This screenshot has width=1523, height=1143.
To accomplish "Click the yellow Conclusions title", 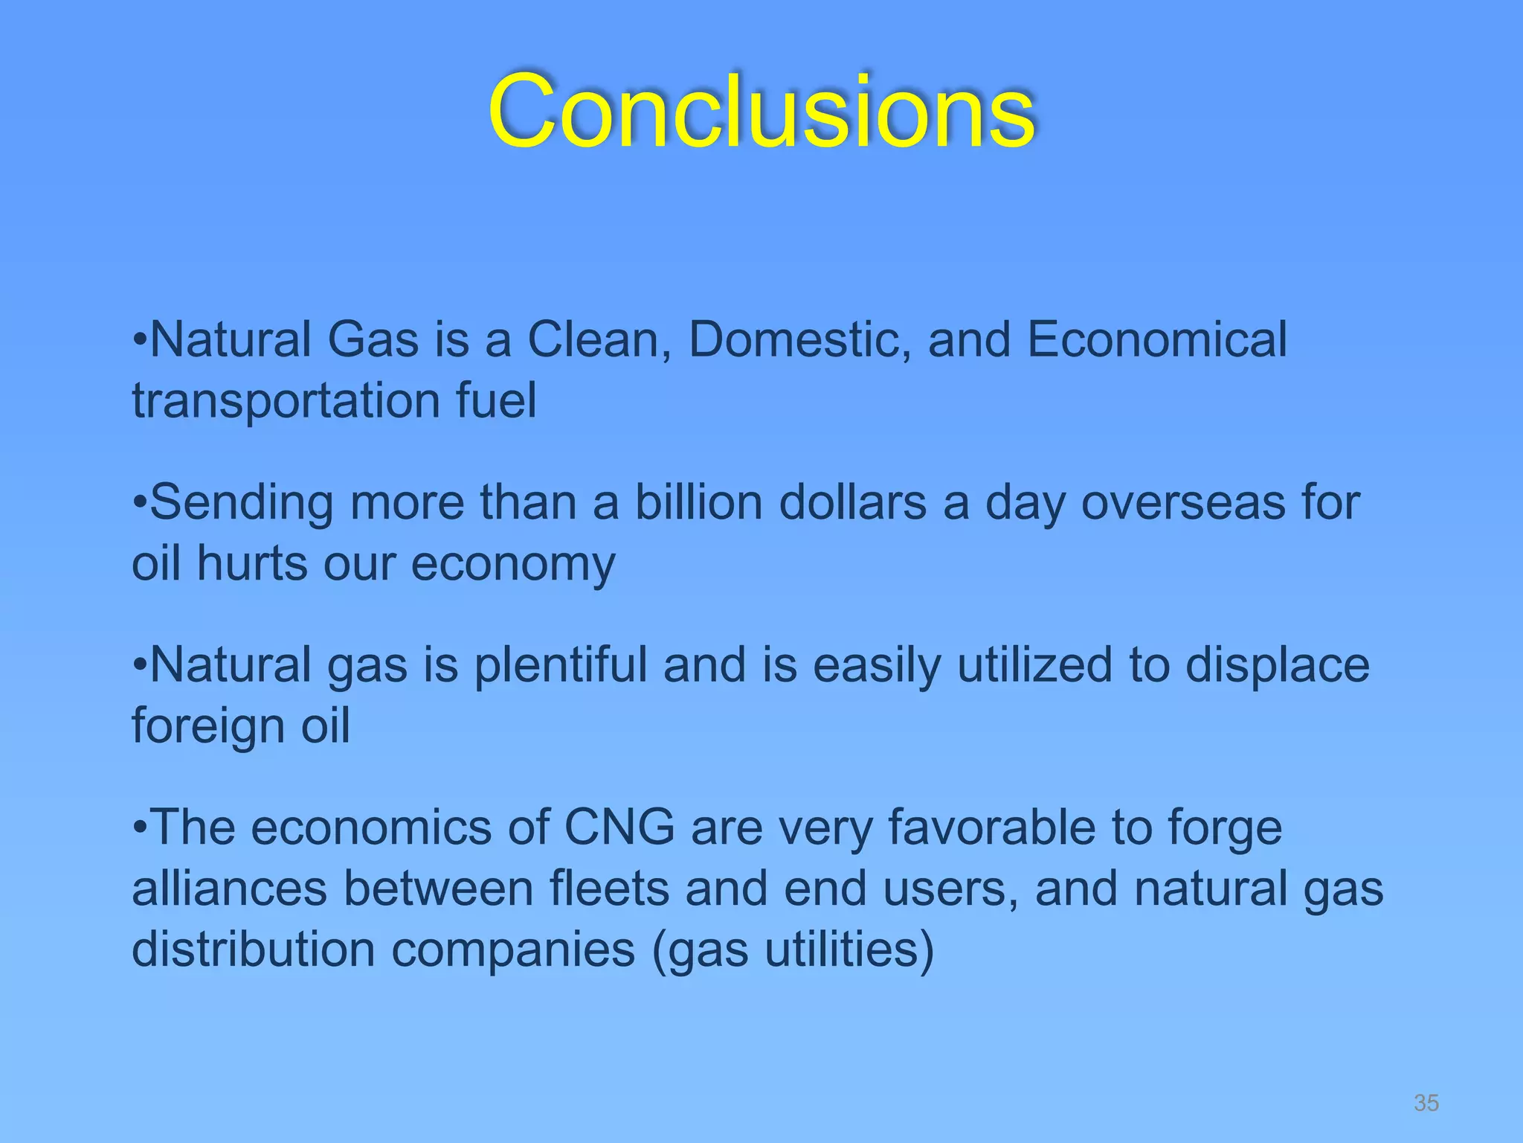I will (761, 112).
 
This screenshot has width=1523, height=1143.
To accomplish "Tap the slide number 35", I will (1426, 1103).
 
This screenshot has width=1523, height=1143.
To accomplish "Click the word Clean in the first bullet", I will (599, 340).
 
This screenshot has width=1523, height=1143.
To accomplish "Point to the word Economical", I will (1157, 340).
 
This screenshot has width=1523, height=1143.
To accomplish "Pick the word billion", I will (698, 502).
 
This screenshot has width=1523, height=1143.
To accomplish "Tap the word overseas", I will (1182, 504).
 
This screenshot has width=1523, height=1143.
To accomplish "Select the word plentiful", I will (561, 665).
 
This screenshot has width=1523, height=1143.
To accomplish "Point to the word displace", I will (1277, 665).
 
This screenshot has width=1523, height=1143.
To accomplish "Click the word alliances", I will (229, 889).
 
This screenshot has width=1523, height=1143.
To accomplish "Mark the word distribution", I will (253, 950).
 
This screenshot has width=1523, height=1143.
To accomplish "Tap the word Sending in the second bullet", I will (242, 504).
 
